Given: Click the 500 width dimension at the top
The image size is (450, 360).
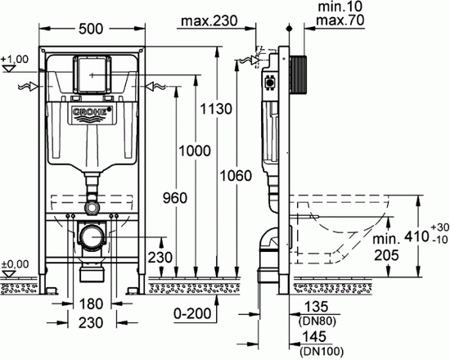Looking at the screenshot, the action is pyautogui.click(x=91, y=29).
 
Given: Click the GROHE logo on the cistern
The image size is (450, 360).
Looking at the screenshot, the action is pyautogui.click(x=92, y=111).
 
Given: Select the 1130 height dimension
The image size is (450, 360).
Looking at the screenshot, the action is pyautogui.click(x=216, y=109).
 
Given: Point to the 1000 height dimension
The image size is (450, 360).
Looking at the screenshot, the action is pyautogui.click(x=195, y=151).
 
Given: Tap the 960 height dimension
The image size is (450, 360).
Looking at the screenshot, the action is pyautogui.click(x=175, y=198).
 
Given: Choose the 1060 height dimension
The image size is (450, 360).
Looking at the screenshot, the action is pyautogui.click(x=236, y=175).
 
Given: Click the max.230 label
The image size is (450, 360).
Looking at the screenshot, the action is pyautogui.click(x=209, y=20).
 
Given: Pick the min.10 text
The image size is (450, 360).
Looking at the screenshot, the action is pyautogui.click(x=340, y=7).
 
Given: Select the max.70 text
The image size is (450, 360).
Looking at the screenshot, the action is pyautogui.click(x=340, y=20).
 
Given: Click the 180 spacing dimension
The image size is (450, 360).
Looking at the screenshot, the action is pyautogui.click(x=91, y=304).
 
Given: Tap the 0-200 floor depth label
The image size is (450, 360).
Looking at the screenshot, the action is pyautogui.click(x=192, y=313).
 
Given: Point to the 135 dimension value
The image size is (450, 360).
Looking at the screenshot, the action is pyautogui.click(x=316, y=307).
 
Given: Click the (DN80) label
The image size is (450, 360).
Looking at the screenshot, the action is pyautogui.click(x=317, y=322).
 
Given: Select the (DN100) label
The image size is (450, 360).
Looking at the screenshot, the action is pyautogui.click(x=321, y=351).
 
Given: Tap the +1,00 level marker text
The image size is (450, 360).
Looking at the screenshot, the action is pyautogui.click(x=15, y=60).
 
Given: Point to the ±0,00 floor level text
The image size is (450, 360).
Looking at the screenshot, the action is pyautogui.click(x=15, y=263).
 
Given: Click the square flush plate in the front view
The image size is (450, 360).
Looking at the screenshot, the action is pyautogui.click(x=92, y=74).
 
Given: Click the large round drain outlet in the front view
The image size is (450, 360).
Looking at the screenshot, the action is pyautogui.click(x=92, y=236).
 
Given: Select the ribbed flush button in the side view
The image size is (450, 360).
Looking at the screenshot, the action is pyautogui.click(x=299, y=75).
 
